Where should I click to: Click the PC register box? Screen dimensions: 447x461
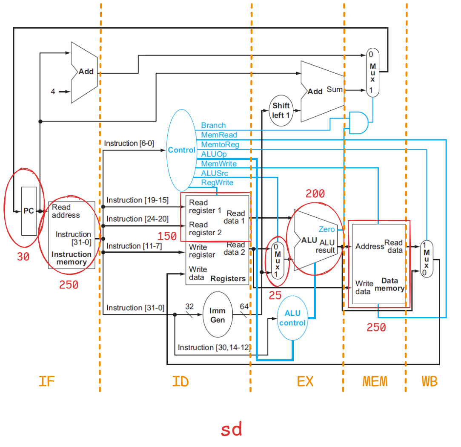pyautogui.click(x=29, y=211)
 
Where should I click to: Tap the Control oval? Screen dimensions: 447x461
pyautogui.click(x=182, y=150)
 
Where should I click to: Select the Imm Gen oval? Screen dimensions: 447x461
pyautogui.click(x=218, y=315)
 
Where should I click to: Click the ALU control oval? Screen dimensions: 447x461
pyautogui.click(x=292, y=318)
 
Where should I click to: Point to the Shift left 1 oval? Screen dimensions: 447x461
pyautogui.click(x=281, y=110)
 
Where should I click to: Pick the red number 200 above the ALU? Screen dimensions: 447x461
pyautogui.click(x=315, y=194)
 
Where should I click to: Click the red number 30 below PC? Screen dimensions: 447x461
pyautogui.click(x=23, y=257)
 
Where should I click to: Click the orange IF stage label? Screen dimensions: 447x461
pyautogui.click(x=46, y=381)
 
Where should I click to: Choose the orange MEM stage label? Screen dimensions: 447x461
pyautogui.click(x=375, y=381)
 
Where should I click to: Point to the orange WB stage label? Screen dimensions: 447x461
pyautogui.click(x=430, y=381)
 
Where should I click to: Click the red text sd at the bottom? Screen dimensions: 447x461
pyautogui.click(x=232, y=430)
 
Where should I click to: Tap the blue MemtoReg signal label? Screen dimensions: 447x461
pyautogui.click(x=220, y=145)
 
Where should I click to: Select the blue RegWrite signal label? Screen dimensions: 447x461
pyautogui.click(x=217, y=182)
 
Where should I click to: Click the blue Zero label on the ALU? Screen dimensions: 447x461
pyautogui.click(x=326, y=230)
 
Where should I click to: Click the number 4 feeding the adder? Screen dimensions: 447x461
pyautogui.click(x=53, y=91)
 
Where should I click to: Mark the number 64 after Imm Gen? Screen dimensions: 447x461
pyautogui.click(x=244, y=307)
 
